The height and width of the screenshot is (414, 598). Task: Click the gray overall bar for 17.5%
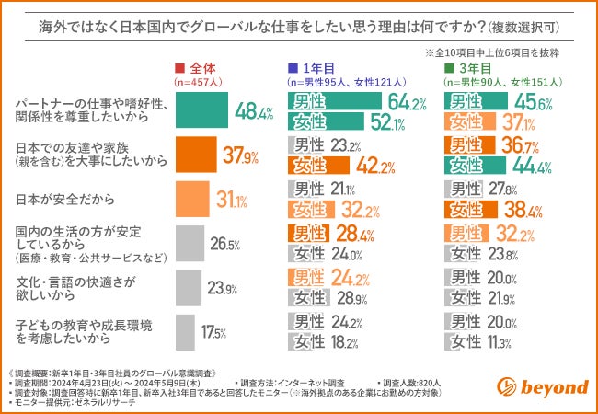183,332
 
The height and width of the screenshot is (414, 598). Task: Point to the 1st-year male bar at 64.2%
336,102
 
